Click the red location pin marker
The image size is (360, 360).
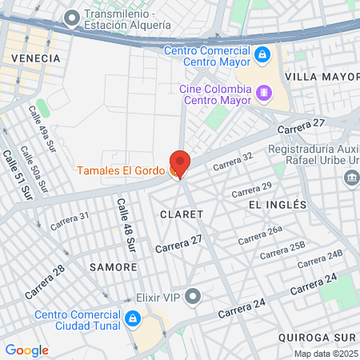180,163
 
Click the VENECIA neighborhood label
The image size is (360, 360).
35,58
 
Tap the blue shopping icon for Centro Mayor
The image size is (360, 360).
262,54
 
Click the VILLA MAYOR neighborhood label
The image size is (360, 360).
322,77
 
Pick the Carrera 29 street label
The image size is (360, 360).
251,190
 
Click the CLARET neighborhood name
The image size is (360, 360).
182,214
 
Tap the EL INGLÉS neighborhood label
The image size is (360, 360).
278,205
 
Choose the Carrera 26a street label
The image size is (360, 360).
261,234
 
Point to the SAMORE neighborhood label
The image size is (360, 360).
108,266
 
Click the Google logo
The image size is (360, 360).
26,350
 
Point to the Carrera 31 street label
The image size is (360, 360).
70,221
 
